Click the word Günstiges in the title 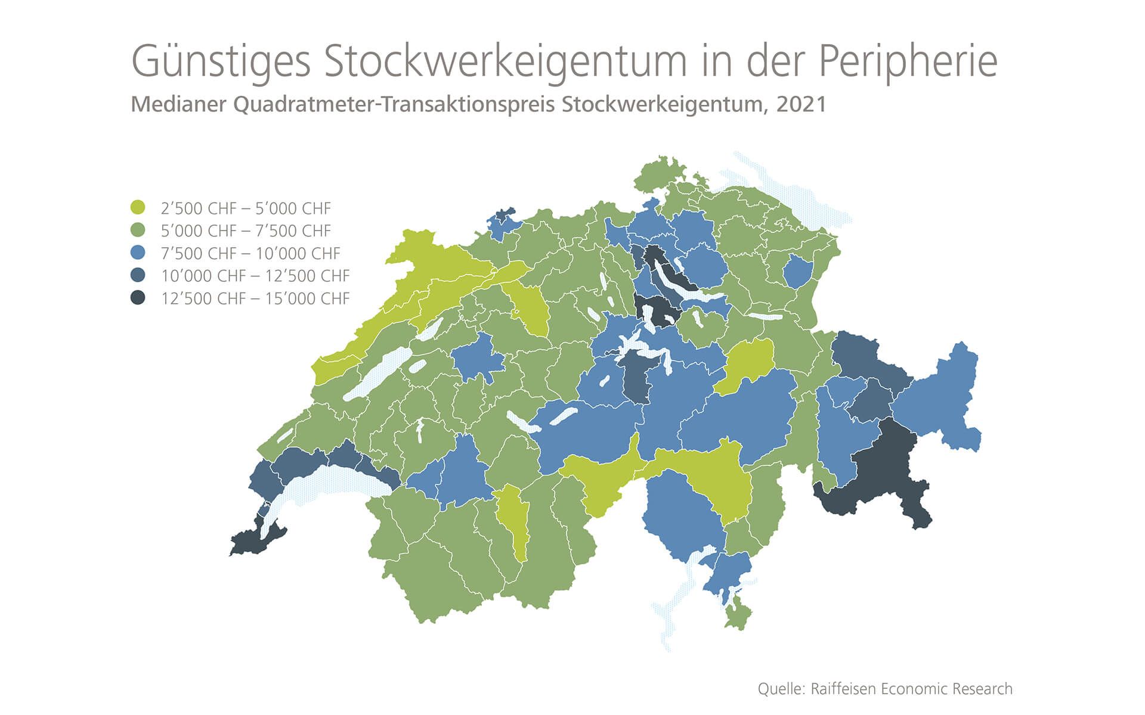[221, 62]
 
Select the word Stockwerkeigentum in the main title [505, 62]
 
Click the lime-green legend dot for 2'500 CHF [138, 207]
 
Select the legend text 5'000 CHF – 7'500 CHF [246, 231]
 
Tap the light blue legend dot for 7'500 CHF [138, 253]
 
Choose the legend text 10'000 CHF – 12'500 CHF [255, 276]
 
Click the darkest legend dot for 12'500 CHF [138, 298]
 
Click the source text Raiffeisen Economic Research [911, 689]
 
